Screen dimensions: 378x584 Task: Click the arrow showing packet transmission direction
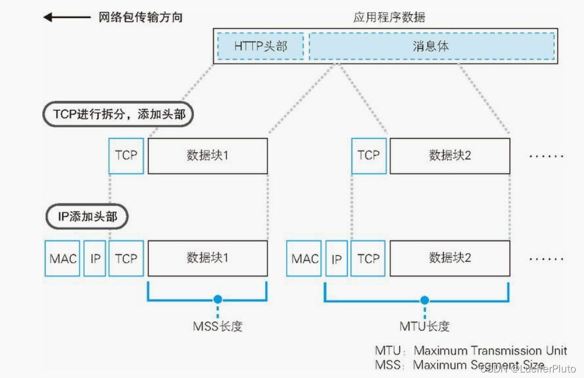[66, 18]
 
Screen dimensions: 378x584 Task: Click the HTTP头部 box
[260, 46]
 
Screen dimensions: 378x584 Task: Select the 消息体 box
[431, 46]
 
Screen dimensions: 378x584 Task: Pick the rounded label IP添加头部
[88, 217]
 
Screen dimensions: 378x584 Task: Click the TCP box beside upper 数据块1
[126, 155]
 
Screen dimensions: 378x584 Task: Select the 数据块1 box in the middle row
[208, 156]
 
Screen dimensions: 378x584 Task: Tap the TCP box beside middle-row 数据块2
[368, 155]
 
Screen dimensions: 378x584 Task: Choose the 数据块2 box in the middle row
[450, 156]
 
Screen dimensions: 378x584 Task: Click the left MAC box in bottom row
[62, 258]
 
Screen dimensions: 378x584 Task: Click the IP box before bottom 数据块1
[95, 258]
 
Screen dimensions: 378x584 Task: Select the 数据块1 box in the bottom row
[208, 258]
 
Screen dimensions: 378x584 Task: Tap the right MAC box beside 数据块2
[304, 258]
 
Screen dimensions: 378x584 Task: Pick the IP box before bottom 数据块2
[337, 258]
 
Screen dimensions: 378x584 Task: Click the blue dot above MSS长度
[217, 299]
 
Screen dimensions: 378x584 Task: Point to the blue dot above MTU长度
[424, 300]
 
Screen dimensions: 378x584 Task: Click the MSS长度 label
[217, 326]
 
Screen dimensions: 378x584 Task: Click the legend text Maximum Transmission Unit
[490, 350]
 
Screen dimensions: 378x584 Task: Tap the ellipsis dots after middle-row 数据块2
[547, 156]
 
